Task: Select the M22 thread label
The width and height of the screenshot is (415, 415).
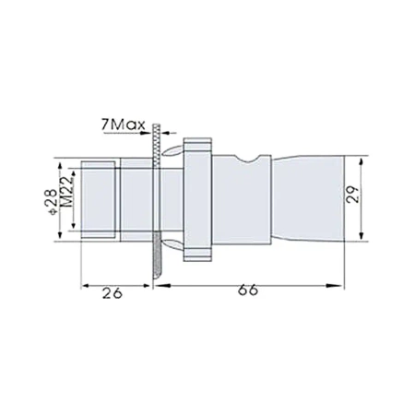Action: (65, 199)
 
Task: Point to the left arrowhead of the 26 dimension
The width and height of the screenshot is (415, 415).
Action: (86, 287)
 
